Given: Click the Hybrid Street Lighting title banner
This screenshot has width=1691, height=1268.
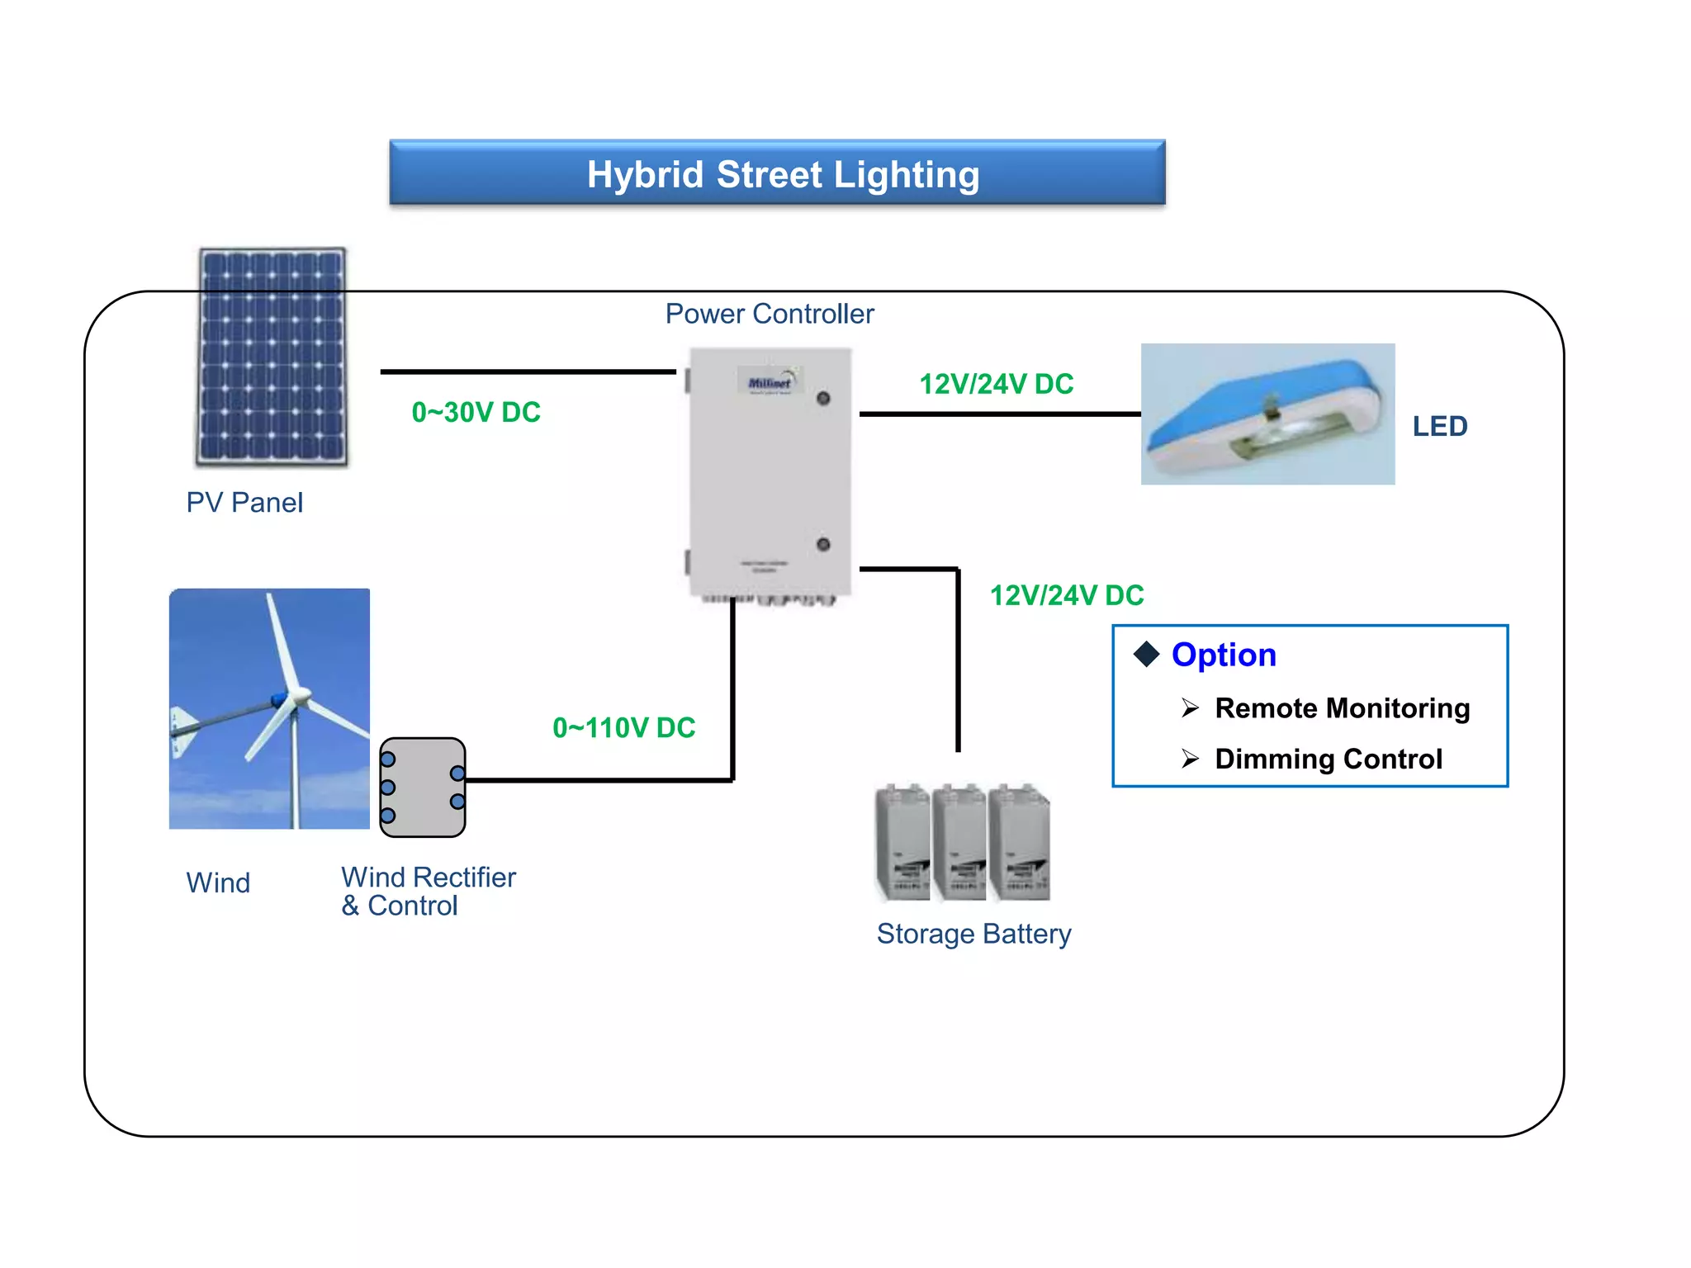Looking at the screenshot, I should point(777,173).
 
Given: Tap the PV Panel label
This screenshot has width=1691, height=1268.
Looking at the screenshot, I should point(244,502).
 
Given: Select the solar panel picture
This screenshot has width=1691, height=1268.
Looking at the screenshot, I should point(272,357).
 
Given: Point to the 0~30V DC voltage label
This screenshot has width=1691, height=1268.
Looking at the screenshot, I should point(476,412).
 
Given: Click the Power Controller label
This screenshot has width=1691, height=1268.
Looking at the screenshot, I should point(769,314).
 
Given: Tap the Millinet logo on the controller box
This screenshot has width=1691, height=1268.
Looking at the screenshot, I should point(769,382).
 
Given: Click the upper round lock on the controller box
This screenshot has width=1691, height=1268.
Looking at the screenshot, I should point(823,399).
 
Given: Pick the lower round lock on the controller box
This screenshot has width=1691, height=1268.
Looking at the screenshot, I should point(823,544).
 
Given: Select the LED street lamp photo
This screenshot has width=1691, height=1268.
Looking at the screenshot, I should point(1267,414).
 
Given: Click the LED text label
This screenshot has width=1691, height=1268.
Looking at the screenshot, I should point(1439,426).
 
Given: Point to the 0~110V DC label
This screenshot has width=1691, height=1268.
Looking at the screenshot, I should point(623,727).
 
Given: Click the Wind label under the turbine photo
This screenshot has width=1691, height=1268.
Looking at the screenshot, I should point(218,882).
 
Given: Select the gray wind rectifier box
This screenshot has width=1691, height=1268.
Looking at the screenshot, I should point(423,787).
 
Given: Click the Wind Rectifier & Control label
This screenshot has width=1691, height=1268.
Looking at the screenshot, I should point(428,891).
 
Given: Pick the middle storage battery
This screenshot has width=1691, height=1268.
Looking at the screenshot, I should point(960,843).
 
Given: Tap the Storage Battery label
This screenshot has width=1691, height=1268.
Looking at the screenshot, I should point(973,934).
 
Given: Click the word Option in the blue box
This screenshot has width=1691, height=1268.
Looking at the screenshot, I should point(1223,655).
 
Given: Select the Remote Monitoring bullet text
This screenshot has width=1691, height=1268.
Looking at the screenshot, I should point(1342,708).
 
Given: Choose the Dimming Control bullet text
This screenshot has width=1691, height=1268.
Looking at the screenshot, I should point(1328,759).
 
